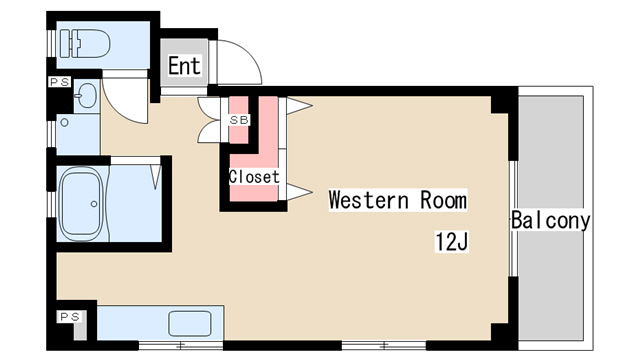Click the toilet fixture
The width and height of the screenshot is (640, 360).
(x=85, y=43)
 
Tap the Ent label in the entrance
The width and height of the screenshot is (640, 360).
(x=184, y=65)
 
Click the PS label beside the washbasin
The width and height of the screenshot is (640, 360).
(x=60, y=82)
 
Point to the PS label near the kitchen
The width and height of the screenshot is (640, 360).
(x=70, y=317)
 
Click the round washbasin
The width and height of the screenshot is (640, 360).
(x=87, y=95)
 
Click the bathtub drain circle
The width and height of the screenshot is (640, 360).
(x=94, y=204)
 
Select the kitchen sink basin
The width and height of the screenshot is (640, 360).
(x=189, y=323)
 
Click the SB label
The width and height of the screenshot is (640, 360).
(x=239, y=120)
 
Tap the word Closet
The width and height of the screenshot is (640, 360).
(x=254, y=177)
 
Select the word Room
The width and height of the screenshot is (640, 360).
(x=444, y=200)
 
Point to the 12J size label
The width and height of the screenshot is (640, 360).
(x=451, y=242)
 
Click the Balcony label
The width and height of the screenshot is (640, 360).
(x=551, y=220)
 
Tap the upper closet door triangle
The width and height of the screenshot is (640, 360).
(x=299, y=106)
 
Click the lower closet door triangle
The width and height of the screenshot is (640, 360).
(x=299, y=191)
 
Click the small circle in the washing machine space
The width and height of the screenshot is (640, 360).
(x=64, y=122)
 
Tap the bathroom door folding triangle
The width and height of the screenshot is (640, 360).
(x=156, y=177)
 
